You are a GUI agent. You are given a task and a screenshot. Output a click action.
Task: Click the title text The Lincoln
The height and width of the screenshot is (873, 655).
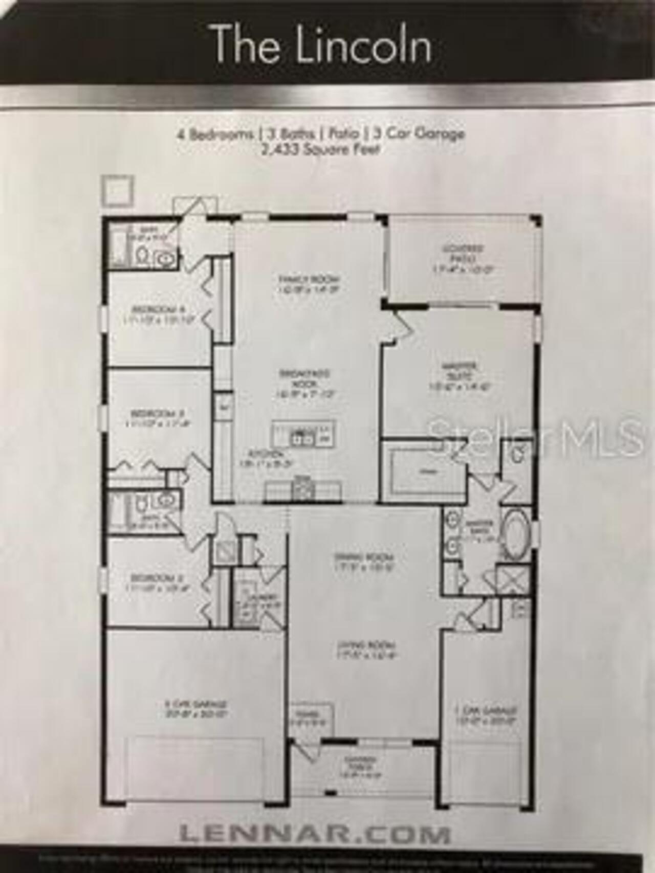(321, 44)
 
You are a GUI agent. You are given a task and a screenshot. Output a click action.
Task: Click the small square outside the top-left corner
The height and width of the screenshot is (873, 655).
(117, 191)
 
